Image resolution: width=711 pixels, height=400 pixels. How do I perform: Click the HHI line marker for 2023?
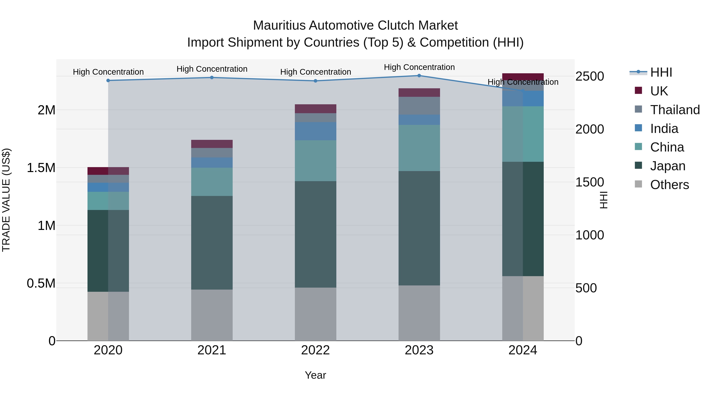click(x=419, y=76)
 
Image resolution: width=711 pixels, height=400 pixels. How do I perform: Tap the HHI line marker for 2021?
click(x=212, y=78)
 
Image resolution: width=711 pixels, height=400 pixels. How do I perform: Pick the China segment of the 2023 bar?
click(x=419, y=148)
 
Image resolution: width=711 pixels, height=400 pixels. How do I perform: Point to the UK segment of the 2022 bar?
click(x=315, y=109)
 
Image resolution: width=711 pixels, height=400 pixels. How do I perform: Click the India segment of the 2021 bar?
click(x=212, y=163)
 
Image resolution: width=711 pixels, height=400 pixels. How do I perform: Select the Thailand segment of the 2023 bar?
click(x=419, y=106)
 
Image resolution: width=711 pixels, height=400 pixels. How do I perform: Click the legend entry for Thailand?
click(x=675, y=110)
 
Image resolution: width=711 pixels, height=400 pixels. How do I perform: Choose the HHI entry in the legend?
click(x=661, y=72)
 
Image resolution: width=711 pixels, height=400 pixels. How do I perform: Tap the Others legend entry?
click(x=669, y=185)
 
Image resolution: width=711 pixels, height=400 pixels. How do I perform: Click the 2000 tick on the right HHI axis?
click(x=590, y=129)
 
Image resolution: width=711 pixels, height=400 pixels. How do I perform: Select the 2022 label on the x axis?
click(x=315, y=350)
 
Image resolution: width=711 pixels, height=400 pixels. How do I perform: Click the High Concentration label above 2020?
click(x=108, y=72)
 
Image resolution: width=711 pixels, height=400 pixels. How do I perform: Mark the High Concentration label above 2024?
click(x=523, y=82)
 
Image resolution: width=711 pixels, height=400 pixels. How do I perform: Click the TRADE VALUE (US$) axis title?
click(x=6, y=200)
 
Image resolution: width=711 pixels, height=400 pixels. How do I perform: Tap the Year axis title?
click(x=315, y=375)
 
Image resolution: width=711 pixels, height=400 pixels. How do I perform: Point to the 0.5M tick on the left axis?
click(x=41, y=283)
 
